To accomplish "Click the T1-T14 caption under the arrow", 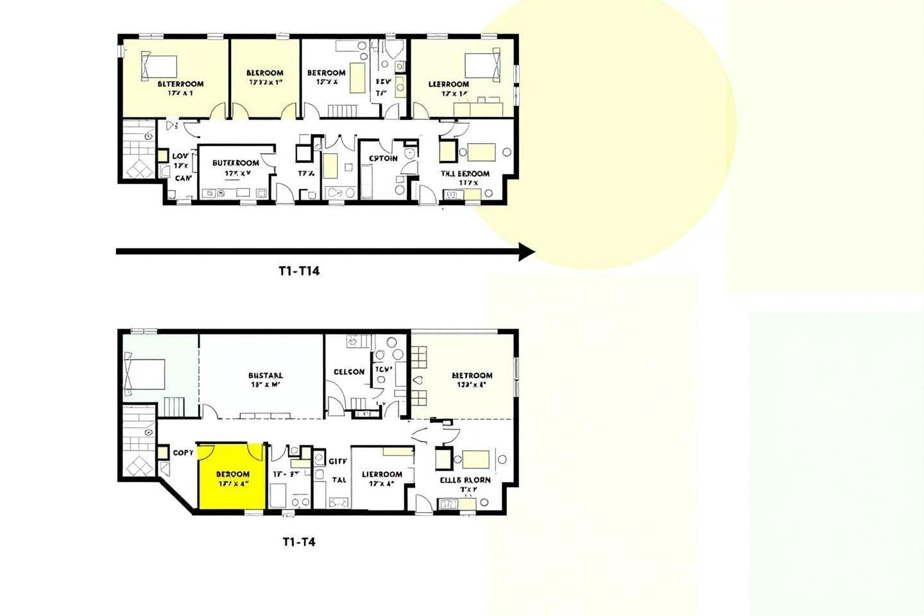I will [x=299, y=271].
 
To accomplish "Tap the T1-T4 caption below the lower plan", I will [x=299, y=542].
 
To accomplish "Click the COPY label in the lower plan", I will [x=183, y=452].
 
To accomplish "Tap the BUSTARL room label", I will [x=265, y=375].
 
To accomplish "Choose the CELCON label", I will [x=349, y=372].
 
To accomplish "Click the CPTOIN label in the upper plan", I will [x=383, y=158].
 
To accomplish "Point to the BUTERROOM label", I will [x=235, y=163].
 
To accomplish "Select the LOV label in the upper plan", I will [x=180, y=156].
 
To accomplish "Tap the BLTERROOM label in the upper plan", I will [x=180, y=83].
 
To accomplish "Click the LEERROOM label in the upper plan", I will [x=449, y=84].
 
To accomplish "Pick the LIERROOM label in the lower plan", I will [x=382, y=474].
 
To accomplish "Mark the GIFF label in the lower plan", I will [x=338, y=461].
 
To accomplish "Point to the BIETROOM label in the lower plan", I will [x=472, y=375].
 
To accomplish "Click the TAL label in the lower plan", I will [x=339, y=479].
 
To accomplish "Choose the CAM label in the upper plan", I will [x=183, y=178].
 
